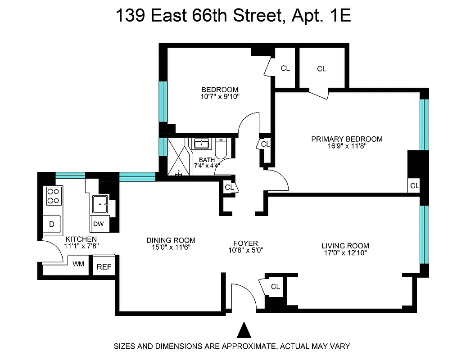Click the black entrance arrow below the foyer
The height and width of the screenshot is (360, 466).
(244, 330)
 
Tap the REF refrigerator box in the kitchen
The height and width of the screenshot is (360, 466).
(104, 266)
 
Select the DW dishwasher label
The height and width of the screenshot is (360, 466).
(99, 224)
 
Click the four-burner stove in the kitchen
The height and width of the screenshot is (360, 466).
(54, 196)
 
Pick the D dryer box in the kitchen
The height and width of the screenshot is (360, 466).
(52, 224)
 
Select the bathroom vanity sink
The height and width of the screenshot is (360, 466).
(201, 144)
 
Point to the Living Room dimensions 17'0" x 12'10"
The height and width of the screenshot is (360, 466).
(345, 253)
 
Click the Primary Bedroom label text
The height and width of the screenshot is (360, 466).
(347, 139)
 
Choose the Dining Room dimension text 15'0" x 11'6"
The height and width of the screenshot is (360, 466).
(171, 248)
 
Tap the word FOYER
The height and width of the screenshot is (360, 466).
(245, 243)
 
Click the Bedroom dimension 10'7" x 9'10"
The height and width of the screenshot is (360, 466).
(220, 96)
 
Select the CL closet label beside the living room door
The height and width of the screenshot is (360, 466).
(276, 287)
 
